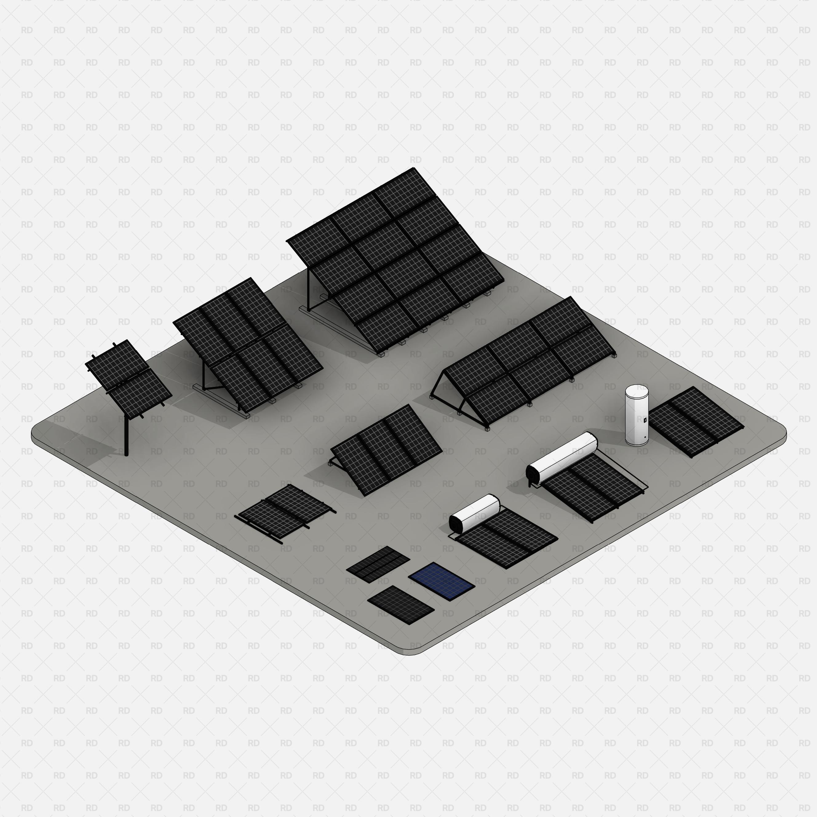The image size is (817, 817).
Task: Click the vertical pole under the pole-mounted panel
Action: (x=126, y=436)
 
